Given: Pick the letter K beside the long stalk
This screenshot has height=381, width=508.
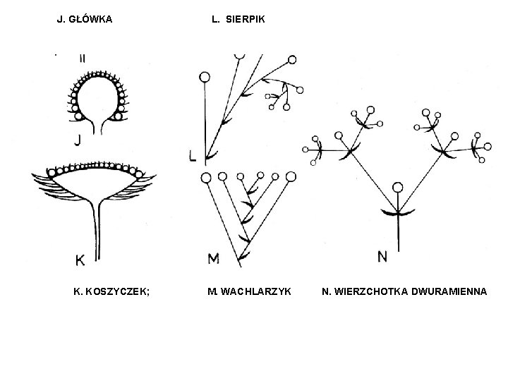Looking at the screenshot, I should click(x=80, y=260).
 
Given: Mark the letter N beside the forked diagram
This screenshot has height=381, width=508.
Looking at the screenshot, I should click(x=382, y=256).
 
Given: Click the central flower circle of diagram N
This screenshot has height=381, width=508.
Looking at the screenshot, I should click(x=398, y=188).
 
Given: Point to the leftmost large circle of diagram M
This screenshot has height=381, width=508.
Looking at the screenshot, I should click(x=207, y=177).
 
